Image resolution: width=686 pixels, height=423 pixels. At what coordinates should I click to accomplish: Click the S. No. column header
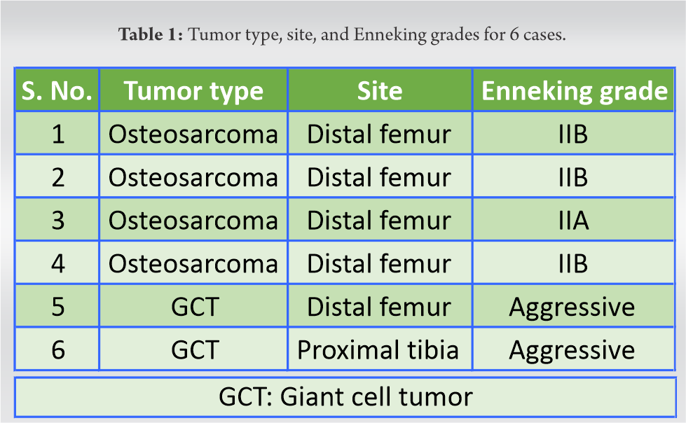click(x=57, y=90)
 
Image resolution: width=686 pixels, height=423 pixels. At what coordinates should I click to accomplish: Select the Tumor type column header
click(x=193, y=90)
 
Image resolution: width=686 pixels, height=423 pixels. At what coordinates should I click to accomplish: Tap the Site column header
click(x=380, y=90)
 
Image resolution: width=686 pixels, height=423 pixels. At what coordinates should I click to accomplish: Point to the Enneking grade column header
click(x=574, y=90)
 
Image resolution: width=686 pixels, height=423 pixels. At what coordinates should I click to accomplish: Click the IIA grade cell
click(x=574, y=220)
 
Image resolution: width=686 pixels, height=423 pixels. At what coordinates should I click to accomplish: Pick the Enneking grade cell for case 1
click(x=574, y=134)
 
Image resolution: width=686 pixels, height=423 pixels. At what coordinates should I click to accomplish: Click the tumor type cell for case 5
click(x=194, y=307)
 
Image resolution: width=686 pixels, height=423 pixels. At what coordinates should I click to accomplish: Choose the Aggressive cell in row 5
click(x=572, y=307)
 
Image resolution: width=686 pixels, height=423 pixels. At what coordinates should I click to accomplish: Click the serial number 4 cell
click(x=57, y=263)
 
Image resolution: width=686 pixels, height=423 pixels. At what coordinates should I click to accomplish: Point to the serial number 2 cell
click(x=57, y=177)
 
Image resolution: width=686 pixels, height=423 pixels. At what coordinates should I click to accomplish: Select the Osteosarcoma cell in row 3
click(x=193, y=220)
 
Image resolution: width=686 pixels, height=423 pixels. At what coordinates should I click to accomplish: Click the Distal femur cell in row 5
click(x=379, y=307)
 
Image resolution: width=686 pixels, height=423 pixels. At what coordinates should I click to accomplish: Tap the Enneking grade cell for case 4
click(x=574, y=263)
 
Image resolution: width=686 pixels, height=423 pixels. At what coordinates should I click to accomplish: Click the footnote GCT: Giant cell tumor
click(x=345, y=397)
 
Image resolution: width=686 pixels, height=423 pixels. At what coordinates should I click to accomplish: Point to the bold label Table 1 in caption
click(x=151, y=34)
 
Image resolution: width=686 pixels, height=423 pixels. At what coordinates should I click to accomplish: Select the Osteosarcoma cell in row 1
click(x=193, y=134)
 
